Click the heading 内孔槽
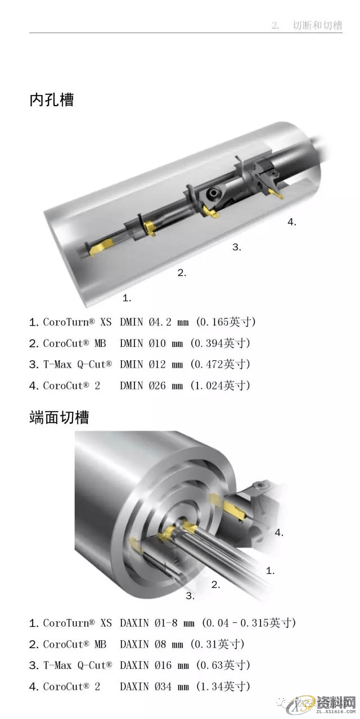point(52,100)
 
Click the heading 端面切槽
point(59,418)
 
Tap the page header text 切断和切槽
point(317,26)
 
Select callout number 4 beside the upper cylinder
point(291,222)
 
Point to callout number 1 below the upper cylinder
point(127,297)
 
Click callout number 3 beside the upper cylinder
point(236,247)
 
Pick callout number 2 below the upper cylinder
point(181,273)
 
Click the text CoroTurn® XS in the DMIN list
point(78,322)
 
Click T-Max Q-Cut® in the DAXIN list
point(78,666)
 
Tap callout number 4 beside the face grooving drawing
point(279,532)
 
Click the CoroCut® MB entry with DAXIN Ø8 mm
point(75,644)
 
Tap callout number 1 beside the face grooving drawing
point(270,571)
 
